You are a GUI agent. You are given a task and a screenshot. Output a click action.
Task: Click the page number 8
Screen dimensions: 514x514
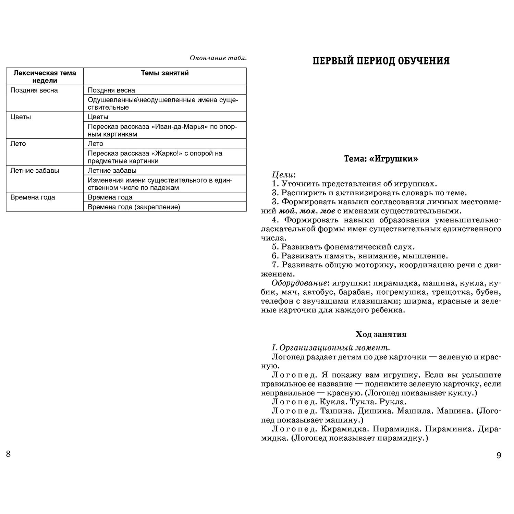point(9,454)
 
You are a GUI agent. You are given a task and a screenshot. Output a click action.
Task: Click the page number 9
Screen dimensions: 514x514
point(499,455)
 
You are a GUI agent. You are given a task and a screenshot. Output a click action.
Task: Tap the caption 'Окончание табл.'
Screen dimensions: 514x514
point(218,58)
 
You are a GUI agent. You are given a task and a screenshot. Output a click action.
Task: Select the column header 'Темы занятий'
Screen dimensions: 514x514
point(165,73)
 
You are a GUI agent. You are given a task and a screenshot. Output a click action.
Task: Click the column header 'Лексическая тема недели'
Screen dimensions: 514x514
point(45,76)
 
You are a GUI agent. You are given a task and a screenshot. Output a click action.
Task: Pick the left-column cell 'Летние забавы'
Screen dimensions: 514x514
point(35,170)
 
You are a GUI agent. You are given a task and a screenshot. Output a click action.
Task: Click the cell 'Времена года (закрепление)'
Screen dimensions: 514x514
point(134,207)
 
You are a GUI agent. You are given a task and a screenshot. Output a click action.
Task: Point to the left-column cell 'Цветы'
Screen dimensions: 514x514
point(21,117)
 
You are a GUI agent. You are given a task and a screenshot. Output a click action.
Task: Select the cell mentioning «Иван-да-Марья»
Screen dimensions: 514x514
point(162,130)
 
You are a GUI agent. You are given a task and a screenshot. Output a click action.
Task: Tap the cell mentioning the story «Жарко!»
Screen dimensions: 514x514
point(155,157)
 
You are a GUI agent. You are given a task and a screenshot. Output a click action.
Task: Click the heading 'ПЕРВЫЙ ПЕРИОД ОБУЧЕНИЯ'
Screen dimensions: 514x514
point(381,61)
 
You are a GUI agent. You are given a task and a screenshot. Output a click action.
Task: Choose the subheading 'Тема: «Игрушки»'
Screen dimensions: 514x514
point(381,159)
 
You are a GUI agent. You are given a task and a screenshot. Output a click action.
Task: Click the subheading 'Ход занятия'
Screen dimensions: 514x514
point(381,334)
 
